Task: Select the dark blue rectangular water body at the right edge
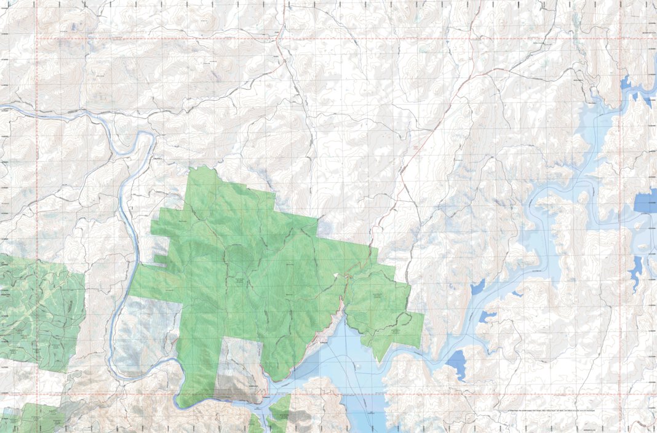click(x=645, y=202)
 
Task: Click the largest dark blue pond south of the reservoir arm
click(x=456, y=363)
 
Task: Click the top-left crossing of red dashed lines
click(x=38, y=39)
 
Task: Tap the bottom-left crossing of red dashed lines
click(x=38, y=394)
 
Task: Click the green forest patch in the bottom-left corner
click(x=31, y=418)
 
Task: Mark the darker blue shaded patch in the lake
click(x=363, y=409)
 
